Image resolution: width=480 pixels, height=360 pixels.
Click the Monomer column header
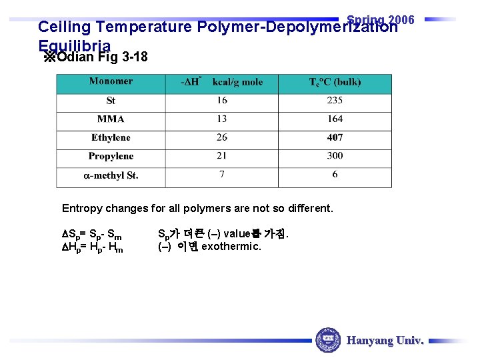111,81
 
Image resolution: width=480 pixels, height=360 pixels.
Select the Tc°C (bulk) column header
335,83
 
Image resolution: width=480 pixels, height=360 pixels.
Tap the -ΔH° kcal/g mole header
222,82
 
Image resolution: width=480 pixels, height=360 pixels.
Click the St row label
111,101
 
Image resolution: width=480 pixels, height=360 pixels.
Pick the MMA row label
111,119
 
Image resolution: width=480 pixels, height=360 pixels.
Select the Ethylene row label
111,138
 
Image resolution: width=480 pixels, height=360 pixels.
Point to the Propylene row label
111,157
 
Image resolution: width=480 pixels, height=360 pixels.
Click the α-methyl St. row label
111,176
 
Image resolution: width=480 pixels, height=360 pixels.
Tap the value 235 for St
335,101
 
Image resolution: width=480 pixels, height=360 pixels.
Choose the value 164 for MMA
335,119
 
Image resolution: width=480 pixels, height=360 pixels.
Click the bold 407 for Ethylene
335,138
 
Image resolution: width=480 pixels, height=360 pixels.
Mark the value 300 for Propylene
335,156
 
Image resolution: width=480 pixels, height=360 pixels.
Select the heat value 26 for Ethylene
221,138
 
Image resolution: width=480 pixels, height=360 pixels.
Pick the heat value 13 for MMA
221,119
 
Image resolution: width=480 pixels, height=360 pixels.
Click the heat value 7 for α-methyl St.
221,175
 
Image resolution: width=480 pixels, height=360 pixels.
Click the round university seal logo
327,340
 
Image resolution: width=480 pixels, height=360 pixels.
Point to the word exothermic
231,247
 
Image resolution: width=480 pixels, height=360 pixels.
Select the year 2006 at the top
401,19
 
